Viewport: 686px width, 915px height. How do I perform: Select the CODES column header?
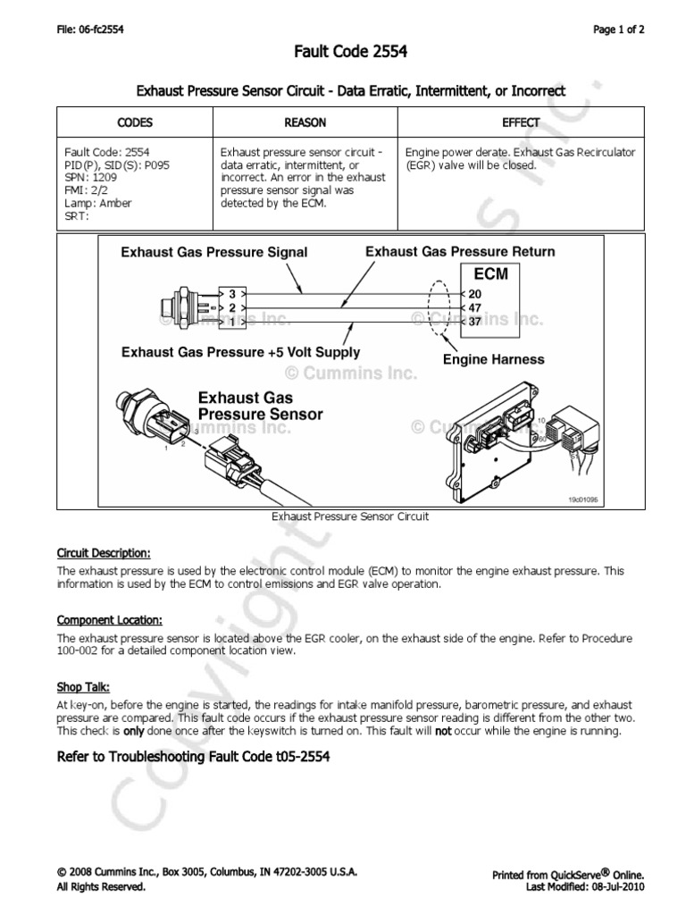click(135, 122)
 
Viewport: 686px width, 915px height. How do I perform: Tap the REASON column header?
click(305, 122)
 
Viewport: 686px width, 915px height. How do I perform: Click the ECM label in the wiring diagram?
click(490, 274)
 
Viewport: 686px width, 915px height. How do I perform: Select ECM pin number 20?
click(474, 293)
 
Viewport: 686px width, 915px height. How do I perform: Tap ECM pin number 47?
click(474, 306)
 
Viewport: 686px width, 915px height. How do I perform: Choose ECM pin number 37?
click(474, 321)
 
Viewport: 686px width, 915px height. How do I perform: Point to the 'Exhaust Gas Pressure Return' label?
click(459, 251)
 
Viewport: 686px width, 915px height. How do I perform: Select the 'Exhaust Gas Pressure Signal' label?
click(214, 252)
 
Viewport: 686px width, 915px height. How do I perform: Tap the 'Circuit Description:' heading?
click(104, 551)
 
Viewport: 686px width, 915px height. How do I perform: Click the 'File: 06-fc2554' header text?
click(89, 29)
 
